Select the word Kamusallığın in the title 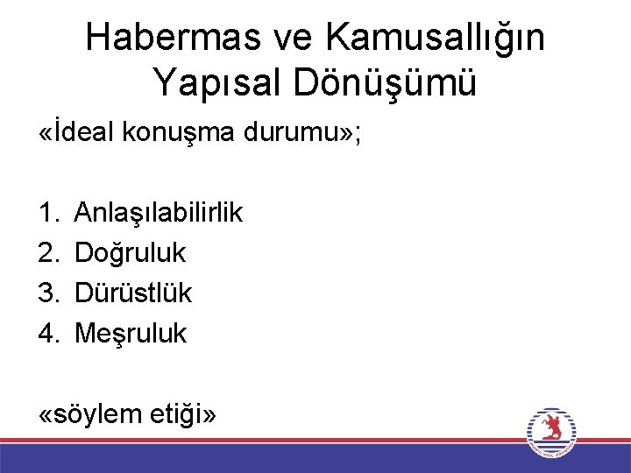point(435,38)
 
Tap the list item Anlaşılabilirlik point(159,212)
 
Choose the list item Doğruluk point(131,252)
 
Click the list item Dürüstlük point(133,293)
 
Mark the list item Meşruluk point(131,333)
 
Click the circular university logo point(551,432)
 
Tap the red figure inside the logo point(551,428)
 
